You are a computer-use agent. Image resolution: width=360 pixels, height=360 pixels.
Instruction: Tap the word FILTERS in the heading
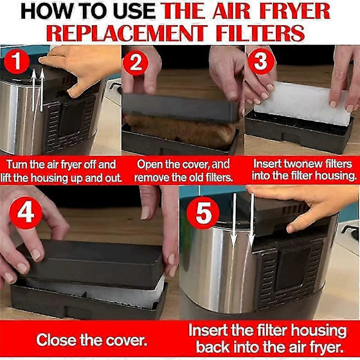click(263, 32)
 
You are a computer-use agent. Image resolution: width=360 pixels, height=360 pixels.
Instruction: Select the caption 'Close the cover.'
click(91, 340)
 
